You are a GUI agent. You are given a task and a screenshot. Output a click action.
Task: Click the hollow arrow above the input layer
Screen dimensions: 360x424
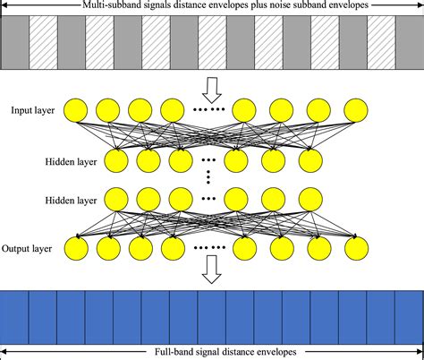211,89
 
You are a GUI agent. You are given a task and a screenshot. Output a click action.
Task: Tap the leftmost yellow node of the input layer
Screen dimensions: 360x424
76,110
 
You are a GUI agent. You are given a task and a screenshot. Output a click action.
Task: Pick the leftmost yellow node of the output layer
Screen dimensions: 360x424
76,247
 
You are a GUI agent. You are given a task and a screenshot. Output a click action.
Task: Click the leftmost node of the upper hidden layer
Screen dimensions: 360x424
116,161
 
